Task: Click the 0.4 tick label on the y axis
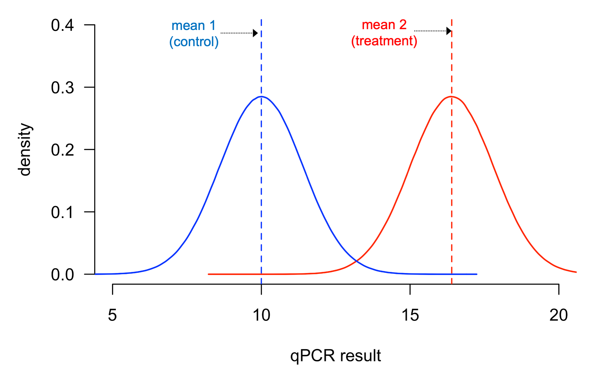[62, 25]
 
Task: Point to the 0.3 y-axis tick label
[62, 88]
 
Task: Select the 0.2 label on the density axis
[62, 150]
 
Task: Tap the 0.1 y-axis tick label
[62, 212]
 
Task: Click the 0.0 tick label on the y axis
[62, 275]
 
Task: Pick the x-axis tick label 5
[112, 315]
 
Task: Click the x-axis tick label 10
[261, 315]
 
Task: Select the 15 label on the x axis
[410, 315]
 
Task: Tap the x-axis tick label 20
[559, 315]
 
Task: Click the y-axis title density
[25, 149]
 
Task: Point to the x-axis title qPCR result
[335, 356]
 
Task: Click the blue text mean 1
[193, 26]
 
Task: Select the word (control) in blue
[194, 42]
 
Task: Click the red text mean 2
[384, 25]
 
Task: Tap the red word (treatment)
[384, 41]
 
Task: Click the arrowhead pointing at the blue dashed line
[255, 33]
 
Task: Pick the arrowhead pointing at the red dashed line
[449, 31]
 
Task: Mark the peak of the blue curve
[261, 96]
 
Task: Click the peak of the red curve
[451, 96]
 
